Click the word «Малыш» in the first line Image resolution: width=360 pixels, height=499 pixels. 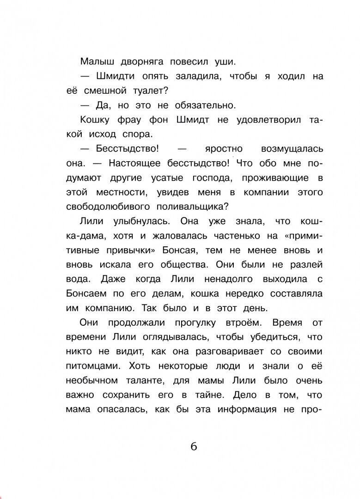tap(95, 61)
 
